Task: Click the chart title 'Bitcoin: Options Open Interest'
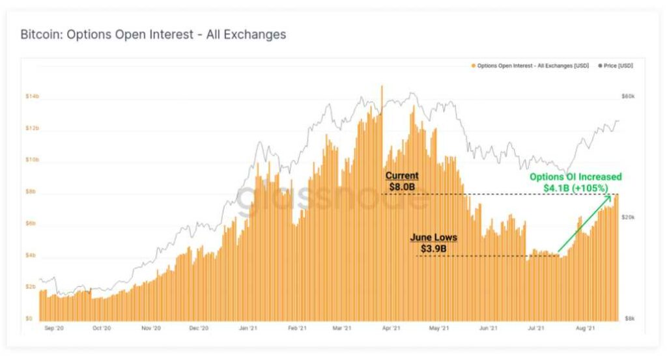click(x=153, y=35)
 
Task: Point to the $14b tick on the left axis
click(x=32, y=96)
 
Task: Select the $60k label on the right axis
click(x=628, y=96)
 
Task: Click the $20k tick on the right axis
click(x=628, y=217)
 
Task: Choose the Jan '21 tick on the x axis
click(x=247, y=329)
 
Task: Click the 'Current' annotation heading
click(x=402, y=176)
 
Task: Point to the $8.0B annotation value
click(x=402, y=187)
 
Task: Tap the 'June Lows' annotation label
click(x=433, y=238)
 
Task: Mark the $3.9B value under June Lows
click(x=433, y=249)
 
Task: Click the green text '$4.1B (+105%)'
click(x=576, y=188)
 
